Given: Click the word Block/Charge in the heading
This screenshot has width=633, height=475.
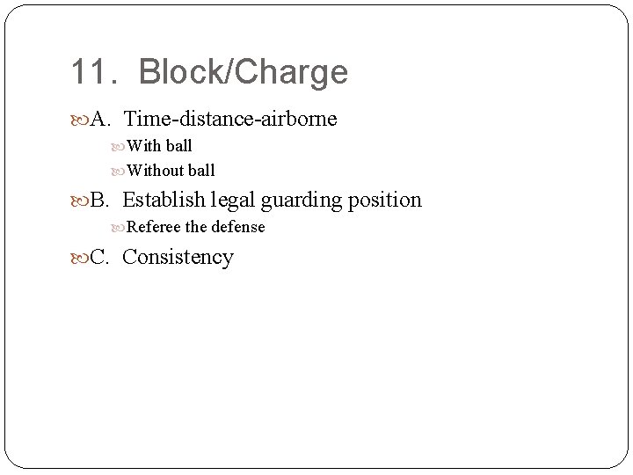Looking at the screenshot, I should [244, 73].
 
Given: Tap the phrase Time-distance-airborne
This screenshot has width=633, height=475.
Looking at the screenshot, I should [230, 119].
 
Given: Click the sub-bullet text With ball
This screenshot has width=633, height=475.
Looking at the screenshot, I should [160, 146].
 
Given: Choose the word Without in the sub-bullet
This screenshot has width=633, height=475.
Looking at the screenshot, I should [155, 170].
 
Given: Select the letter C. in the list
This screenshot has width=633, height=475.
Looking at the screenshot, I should [101, 257].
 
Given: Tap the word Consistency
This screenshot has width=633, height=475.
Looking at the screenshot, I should [178, 258].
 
